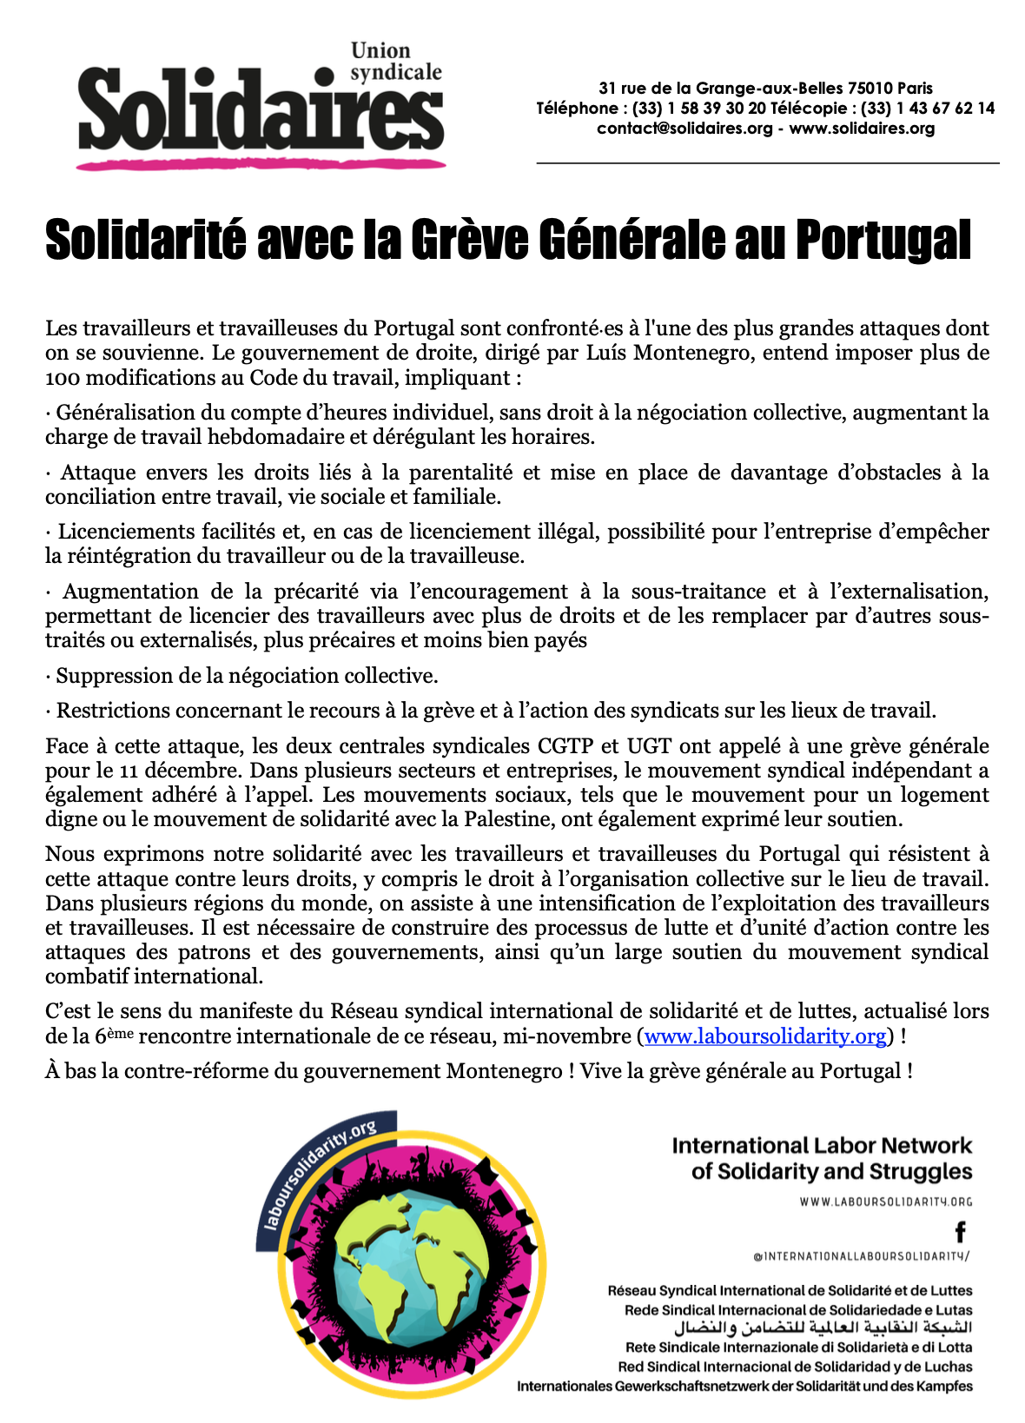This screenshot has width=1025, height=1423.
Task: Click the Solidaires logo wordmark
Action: coord(261,113)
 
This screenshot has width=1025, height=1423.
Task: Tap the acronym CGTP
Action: coord(565,746)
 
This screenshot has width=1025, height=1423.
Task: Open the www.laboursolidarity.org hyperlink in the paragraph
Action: coord(765,1036)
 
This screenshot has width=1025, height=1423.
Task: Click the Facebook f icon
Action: coord(960,1231)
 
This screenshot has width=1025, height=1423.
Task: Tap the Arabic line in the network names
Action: coord(823,1328)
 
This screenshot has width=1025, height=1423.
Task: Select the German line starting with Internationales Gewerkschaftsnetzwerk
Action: coord(744,1386)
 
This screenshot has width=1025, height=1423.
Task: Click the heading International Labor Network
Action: coord(822,1146)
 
